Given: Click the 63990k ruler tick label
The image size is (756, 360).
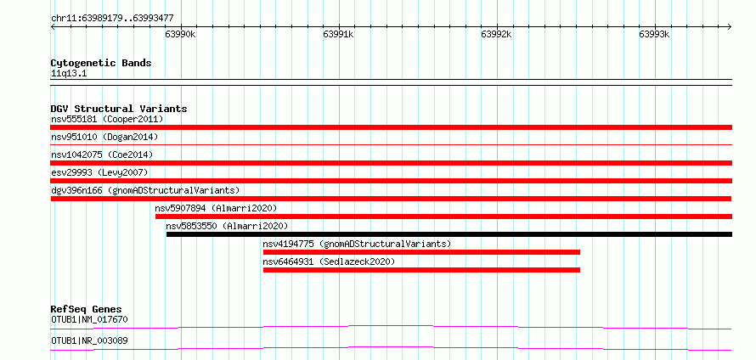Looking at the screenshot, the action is click(x=180, y=34).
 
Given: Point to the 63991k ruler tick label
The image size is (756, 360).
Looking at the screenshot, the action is click(x=338, y=34).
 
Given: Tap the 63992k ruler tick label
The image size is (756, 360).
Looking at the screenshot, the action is click(x=497, y=34).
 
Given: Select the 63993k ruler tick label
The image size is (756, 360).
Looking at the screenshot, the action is click(x=655, y=34).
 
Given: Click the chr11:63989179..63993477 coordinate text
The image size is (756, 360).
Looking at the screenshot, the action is click(x=112, y=19).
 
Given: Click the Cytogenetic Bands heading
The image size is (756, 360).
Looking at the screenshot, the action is click(x=101, y=63).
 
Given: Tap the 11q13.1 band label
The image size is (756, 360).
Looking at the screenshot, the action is click(x=69, y=74).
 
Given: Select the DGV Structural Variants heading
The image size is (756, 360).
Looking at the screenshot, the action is click(x=119, y=109).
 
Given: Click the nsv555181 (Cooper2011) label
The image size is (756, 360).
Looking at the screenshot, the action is click(x=108, y=119).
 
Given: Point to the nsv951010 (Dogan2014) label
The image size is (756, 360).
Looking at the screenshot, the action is click(x=104, y=137).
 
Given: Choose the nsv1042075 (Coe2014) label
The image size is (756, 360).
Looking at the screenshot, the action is click(x=102, y=155).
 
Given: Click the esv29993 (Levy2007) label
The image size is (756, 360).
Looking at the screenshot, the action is click(x=99, y=172).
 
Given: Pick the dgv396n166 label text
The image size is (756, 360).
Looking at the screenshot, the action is click(x=76, y=190).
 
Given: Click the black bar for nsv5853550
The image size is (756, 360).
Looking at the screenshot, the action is click(x=449, y=234).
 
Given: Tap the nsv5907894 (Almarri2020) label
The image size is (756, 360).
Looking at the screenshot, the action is click(x=216, y=208).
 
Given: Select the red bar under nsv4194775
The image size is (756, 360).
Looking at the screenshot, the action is click(x=421, y=252).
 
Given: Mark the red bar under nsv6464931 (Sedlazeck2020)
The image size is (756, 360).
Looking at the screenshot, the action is click(x=421, y=270).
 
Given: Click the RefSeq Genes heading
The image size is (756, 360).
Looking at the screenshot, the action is click(x=87, y=309).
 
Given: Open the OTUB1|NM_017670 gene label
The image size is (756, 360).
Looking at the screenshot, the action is click(x=90, y=319).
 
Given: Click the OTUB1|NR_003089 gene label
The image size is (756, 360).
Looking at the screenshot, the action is click(x=90, y=340).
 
